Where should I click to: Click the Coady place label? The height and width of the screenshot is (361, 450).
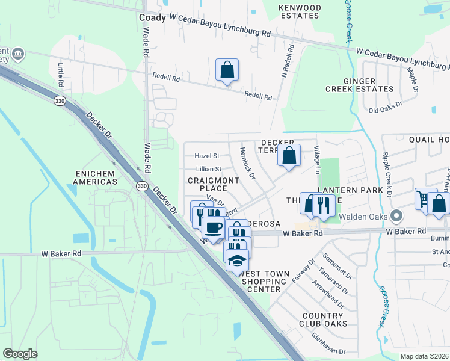[x=152, y=18]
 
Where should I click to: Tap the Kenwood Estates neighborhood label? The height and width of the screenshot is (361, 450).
[x=300, y=13]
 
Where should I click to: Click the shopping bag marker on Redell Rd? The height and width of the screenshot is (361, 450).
[x=227, y=70]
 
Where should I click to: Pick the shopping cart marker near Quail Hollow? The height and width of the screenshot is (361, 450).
[x=425, y=199]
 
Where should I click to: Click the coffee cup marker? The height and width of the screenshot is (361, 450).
[x=212, y=227]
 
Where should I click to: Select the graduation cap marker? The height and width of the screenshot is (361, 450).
[x=238, y=261]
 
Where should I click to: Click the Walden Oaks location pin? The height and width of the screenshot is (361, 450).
[x=396, y=215]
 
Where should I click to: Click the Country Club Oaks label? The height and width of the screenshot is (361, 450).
[x=323, y=319]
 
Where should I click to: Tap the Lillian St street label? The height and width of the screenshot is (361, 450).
[x=208, y=170]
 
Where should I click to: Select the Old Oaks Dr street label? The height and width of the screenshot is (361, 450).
[x=386, y=110]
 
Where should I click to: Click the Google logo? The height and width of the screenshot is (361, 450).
[x=20, y=353]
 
